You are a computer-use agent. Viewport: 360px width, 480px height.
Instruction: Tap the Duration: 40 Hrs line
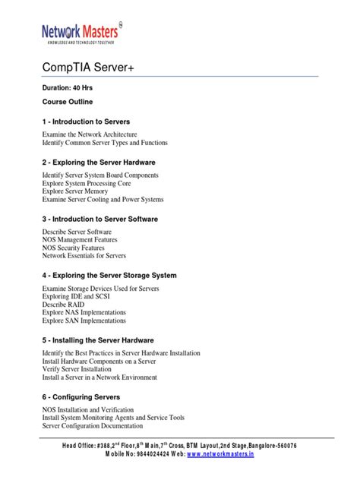pyautogui.click(x=67, y=88)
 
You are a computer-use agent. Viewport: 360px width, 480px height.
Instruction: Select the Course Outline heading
pyautogui.click(x=68, y=101)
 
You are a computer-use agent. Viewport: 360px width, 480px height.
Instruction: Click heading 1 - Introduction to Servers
pyautogui.click(x=86, y=122)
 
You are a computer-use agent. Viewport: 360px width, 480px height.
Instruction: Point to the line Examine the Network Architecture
pyautogui.click(x=90, y=133)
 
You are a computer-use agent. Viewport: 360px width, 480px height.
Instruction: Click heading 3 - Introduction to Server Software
pyautogui.click(x=100, y=219)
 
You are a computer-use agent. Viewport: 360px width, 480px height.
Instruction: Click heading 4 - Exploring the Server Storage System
pyautogui.click(x=109, y=275)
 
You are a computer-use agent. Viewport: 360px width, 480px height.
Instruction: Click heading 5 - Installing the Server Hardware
pyautogui.click(x=98, y=340)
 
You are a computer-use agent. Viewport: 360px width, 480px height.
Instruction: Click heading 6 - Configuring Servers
pyautogui.click(x=81, y=397)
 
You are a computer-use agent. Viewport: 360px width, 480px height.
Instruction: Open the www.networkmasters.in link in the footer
pyautogui.click(x=220, y=455)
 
